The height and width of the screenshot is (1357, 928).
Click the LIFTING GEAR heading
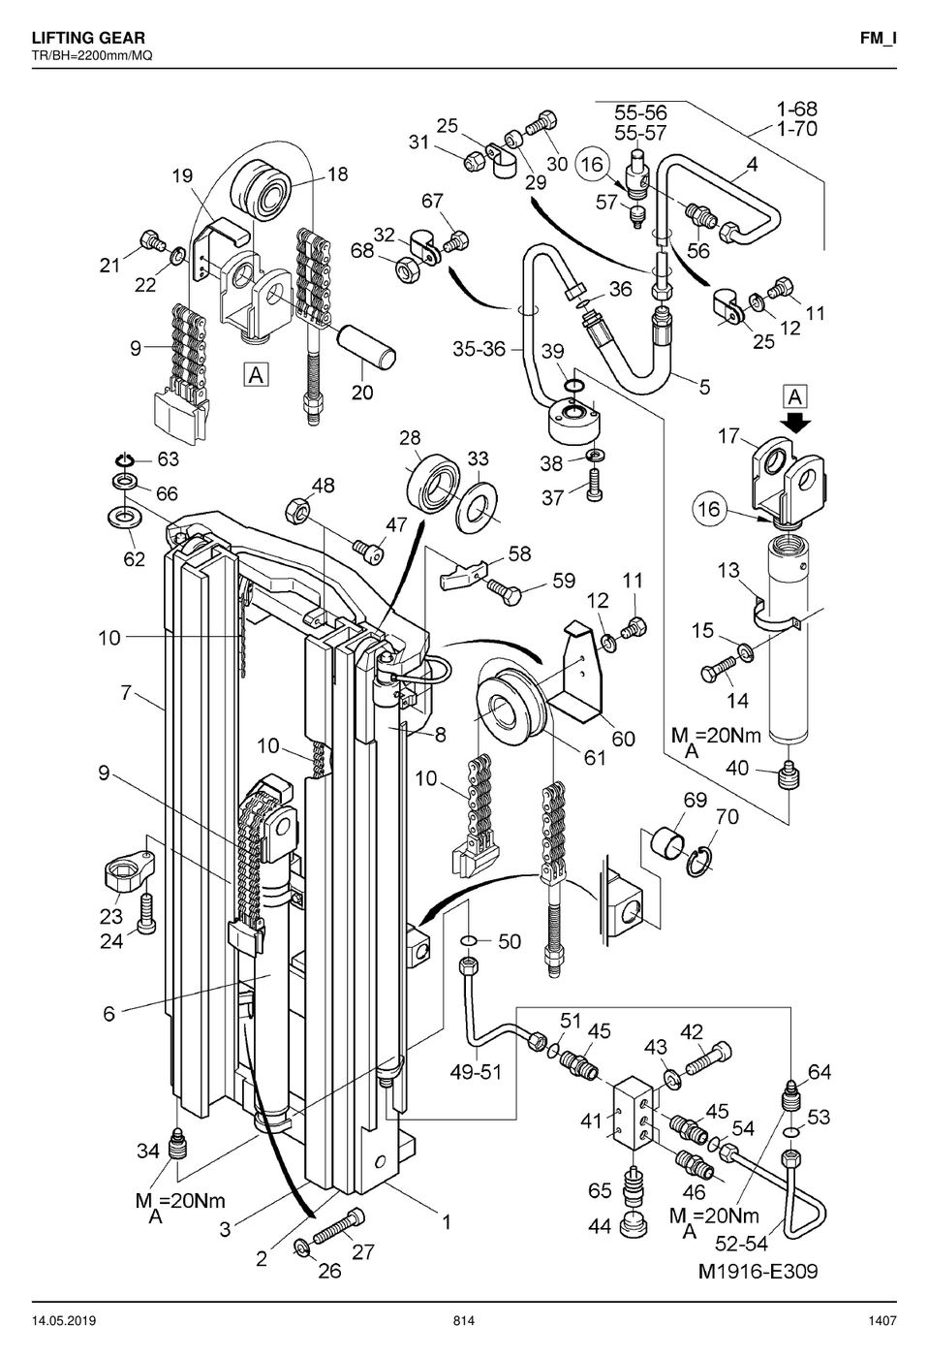[88, 38]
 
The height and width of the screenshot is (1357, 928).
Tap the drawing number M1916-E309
[758, 1271]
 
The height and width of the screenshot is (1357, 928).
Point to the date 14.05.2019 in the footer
[64, 1320]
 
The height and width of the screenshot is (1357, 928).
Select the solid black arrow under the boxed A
[796, 423]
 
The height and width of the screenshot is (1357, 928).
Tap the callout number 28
[410, 437]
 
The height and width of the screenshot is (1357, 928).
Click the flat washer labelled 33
[477, 508]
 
